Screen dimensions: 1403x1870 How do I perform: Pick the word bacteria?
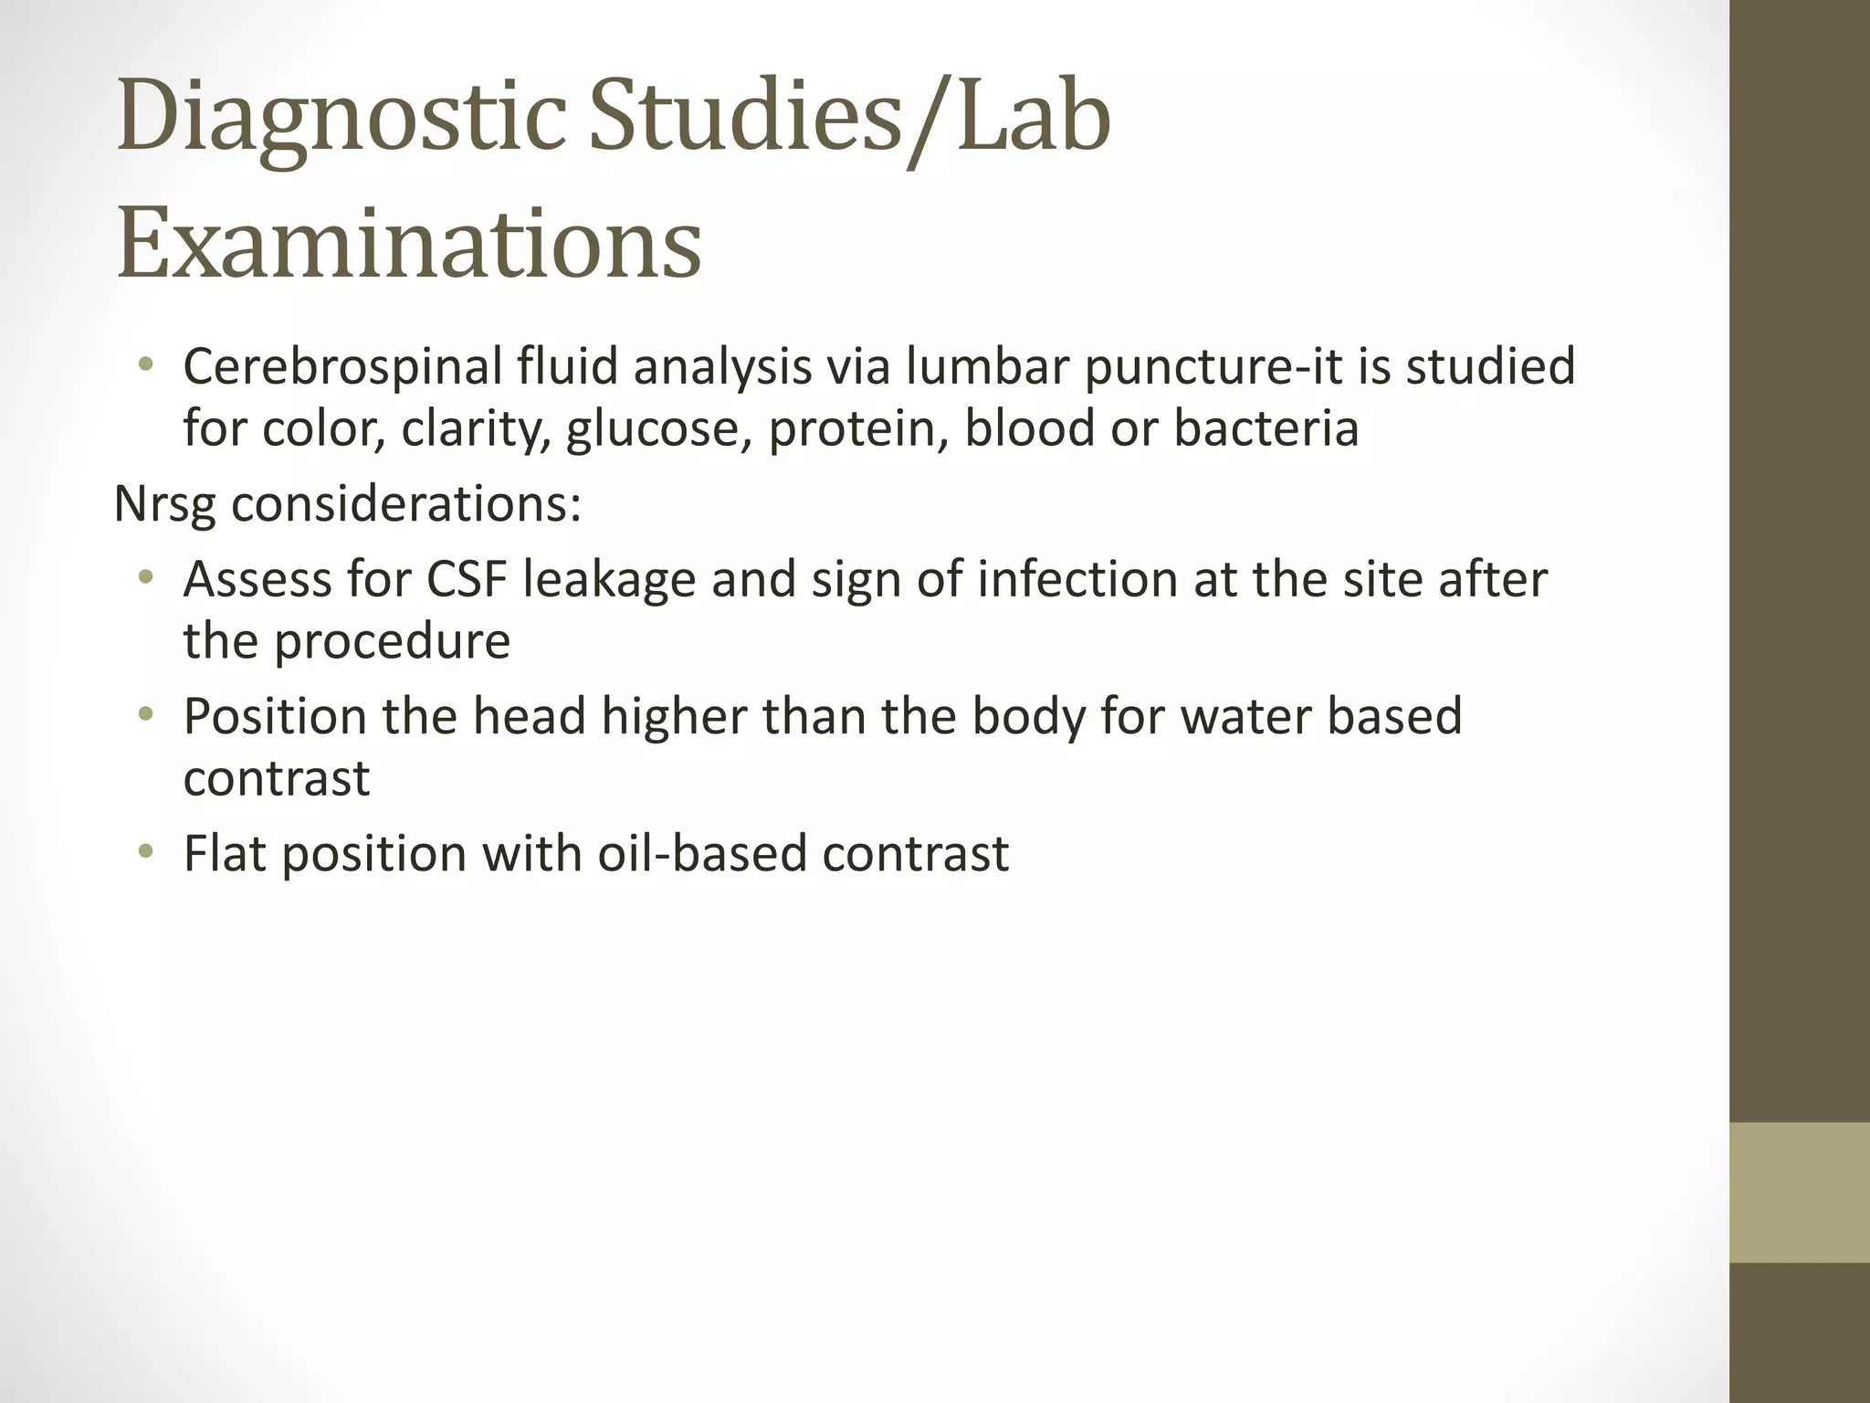[1266, 429]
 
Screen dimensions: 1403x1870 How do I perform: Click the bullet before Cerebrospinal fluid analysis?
[144, 367]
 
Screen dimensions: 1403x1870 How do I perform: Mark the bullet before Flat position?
[144, 854]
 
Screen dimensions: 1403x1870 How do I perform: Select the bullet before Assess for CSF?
[144, 578]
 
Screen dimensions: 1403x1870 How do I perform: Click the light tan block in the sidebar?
[1800, 1192]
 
